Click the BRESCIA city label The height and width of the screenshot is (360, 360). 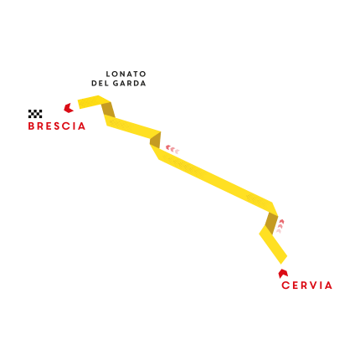tap(57, 126)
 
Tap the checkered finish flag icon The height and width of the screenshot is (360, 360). tap(35, 114)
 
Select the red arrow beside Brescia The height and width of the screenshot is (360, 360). tap(69, 108)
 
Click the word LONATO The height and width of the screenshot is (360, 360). tap(126, 74)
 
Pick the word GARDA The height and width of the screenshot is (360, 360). tap(129, 83)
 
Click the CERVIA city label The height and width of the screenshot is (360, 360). tap(306, 285)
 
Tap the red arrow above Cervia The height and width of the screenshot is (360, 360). tap(283, 274)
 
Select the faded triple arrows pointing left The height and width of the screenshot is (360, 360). tap(172, 149)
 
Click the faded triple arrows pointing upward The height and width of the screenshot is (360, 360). tap(280, 226)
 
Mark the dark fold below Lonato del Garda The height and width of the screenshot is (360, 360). tap(108, 110)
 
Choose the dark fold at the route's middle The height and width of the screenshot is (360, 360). tap(155, 140)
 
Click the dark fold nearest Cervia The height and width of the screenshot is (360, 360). tap(270, 223)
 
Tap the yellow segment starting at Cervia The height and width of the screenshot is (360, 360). tap(272, 244)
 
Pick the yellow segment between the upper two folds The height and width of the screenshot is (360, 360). tap(132, 127)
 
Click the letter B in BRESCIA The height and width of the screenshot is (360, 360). tap(32, 126)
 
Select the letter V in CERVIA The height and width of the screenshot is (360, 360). tap(311, 285)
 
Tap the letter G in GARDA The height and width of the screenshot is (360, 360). tap(116, 83)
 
